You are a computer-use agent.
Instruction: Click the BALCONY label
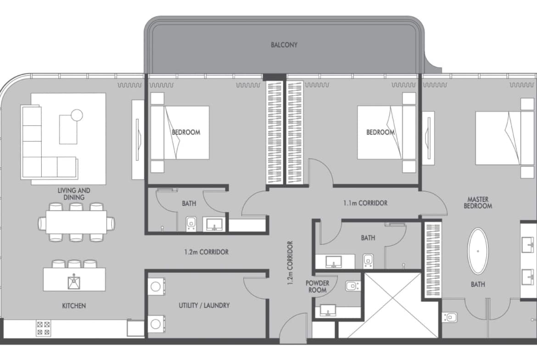tap(284, 45)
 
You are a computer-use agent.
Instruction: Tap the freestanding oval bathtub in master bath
tap(478, 251)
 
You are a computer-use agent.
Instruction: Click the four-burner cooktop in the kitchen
tap(44, 328)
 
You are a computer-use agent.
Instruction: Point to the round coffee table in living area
tap(77, 115)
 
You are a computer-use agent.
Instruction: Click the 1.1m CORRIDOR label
tap(365, 203)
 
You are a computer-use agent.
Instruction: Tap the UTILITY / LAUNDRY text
tap(204, 305)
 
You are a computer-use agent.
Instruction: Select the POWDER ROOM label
tap(317, 287)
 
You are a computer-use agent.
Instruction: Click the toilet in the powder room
tap(352, 286)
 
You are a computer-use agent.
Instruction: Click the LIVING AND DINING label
tap(74, 194)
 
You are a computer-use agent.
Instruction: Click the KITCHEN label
tap(74, 305)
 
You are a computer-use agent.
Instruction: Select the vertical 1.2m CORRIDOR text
tap(290, 263)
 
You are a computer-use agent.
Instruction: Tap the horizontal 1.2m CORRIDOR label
tap(206, 252)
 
